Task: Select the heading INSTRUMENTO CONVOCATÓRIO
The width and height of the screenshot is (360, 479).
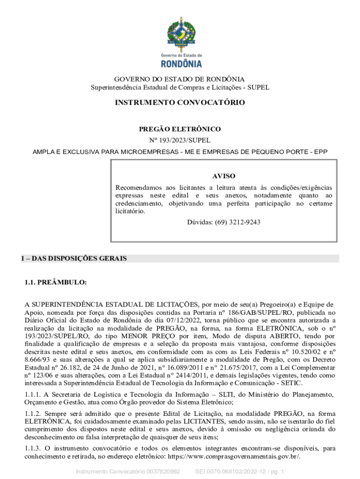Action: click(x=180, y=102)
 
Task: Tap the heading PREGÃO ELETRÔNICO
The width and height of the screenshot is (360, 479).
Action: click(x=180, y=129)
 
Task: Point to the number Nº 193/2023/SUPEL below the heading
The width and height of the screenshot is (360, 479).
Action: click(x=180, y=140)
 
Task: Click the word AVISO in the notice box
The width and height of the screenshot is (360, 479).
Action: click(x=224, y=176)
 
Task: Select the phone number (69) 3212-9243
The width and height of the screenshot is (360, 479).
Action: click(x=237, y=222)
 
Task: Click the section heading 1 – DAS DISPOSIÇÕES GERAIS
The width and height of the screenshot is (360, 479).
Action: click(x=74, y=259)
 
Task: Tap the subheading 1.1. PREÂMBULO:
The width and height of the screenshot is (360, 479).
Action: click(x=56, y=283)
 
